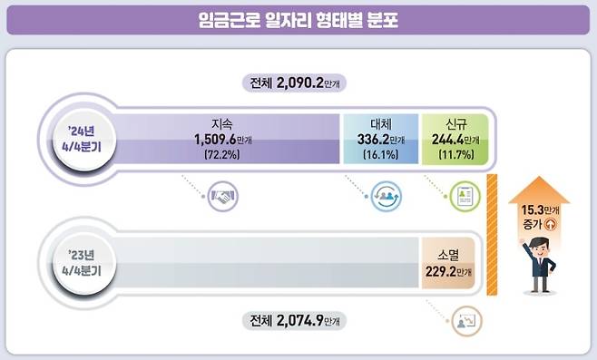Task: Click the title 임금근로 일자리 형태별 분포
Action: (x=298, y=18)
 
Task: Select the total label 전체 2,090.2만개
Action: (x=298, y=83)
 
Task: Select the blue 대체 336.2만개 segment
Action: (x=379, y=141)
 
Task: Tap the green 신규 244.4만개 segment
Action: (x=455, y=141)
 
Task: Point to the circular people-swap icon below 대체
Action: (x=386, y=196)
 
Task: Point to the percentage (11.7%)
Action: (x=455, y=156)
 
